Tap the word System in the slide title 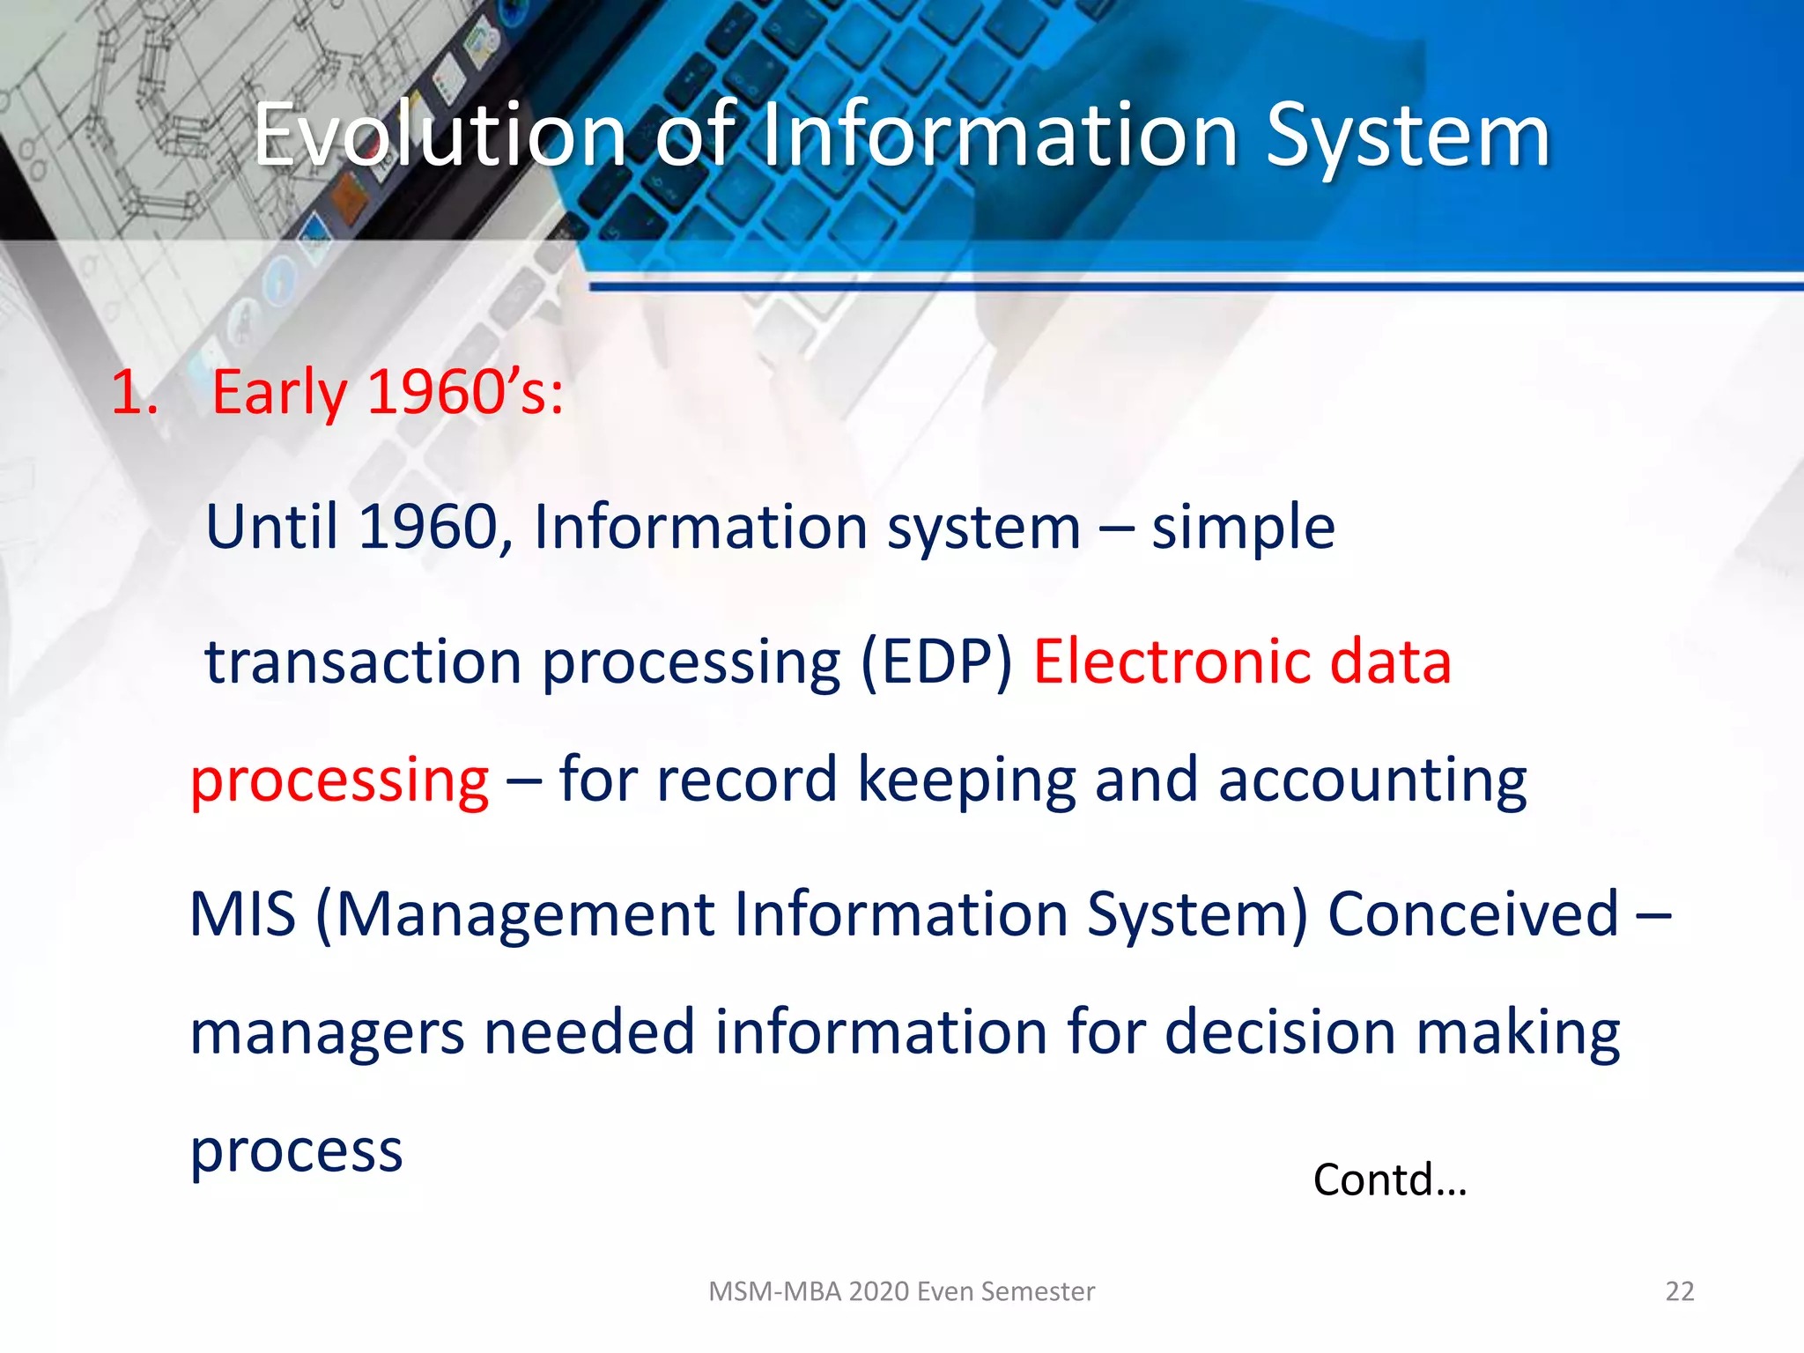(1407, 137)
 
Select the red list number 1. (134, 392)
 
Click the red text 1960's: (464, 392)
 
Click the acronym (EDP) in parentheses (936, 662)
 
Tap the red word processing (339, 781)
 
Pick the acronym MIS (242, 914)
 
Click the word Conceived (1473, 914)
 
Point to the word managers (327, 1033)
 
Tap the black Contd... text (1389, 1180)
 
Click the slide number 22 (1679, 1291)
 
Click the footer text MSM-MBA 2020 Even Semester (901, 1291)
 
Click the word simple (1243, 528)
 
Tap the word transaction (363, 662)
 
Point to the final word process (296, 1152)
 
